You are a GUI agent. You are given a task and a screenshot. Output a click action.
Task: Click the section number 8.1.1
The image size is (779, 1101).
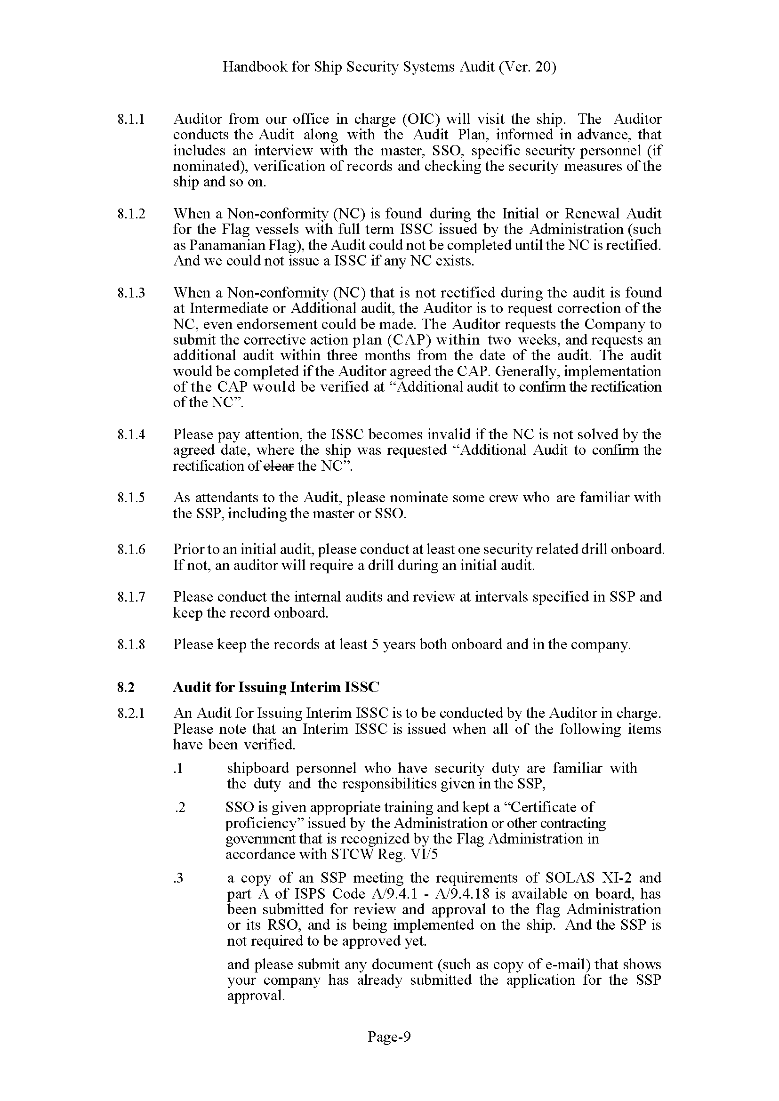coord(130,119)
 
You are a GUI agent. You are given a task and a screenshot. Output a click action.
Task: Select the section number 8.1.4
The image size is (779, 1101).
coord(130,434)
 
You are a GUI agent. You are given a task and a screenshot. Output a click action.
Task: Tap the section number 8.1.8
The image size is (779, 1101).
coord(130,644)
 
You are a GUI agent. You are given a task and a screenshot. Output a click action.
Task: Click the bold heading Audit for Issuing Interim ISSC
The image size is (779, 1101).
coord(275,687)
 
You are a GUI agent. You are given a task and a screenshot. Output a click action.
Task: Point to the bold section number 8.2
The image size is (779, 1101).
coord(125,687)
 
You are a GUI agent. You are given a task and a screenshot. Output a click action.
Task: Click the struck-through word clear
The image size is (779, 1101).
coord(279,466)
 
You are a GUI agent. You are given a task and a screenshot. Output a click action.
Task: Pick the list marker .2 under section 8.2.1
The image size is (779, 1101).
coord(180,808)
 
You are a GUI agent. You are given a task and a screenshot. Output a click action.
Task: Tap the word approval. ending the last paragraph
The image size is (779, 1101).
coord(256,996)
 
